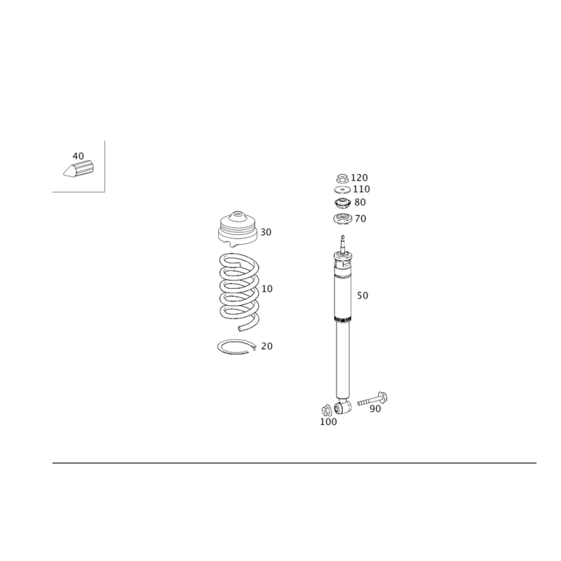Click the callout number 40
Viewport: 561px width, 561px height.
[78, 156]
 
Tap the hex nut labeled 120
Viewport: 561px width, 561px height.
[342, 178]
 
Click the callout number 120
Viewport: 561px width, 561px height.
[359, 178]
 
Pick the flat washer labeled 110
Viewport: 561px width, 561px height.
[342, 189]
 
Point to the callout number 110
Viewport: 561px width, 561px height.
[361, 189]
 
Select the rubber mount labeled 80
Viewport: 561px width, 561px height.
[342, 203]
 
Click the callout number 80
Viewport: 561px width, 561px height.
[360, 203]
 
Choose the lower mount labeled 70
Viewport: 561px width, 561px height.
[342, 219]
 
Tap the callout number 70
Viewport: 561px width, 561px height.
[360, 219]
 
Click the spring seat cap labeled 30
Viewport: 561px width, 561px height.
[238, 229]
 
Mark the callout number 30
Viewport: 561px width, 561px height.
[266, 233]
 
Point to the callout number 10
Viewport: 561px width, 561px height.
[267, 289]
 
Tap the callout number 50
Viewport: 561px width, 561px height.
[363, 295]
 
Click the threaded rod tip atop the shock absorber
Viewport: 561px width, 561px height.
[342, 237]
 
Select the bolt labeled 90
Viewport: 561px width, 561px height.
[373, 399]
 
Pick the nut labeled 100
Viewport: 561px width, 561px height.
[326, 410]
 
